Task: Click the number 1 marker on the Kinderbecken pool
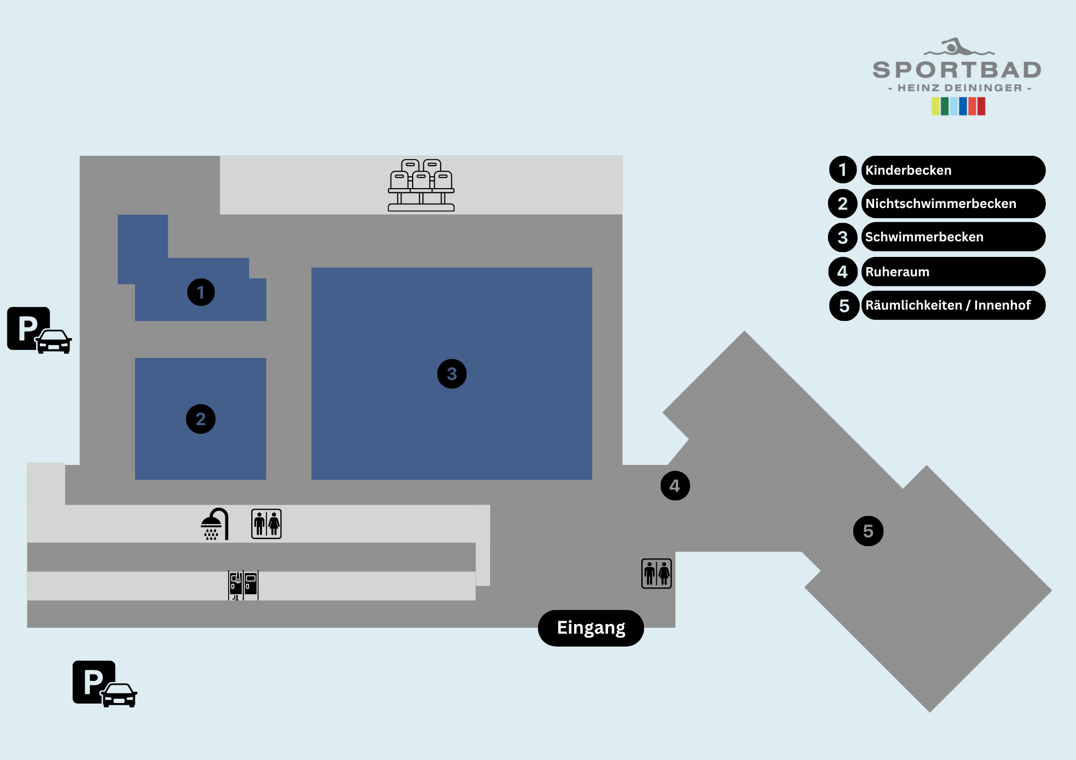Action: click(201, 292)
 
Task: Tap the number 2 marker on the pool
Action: click(201, 419)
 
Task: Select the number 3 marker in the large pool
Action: click(452, 374)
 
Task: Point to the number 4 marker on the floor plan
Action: click(675, 486)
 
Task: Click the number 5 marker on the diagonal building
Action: click(868, 531)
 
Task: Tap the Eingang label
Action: click(591, 628)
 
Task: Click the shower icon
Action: click(215, 524)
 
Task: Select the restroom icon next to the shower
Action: click(266, 524)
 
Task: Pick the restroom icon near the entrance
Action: click(656, 573)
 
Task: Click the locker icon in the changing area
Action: click(243, 585)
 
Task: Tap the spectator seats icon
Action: click(421, 185)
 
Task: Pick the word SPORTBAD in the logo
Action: click(957, 70)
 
